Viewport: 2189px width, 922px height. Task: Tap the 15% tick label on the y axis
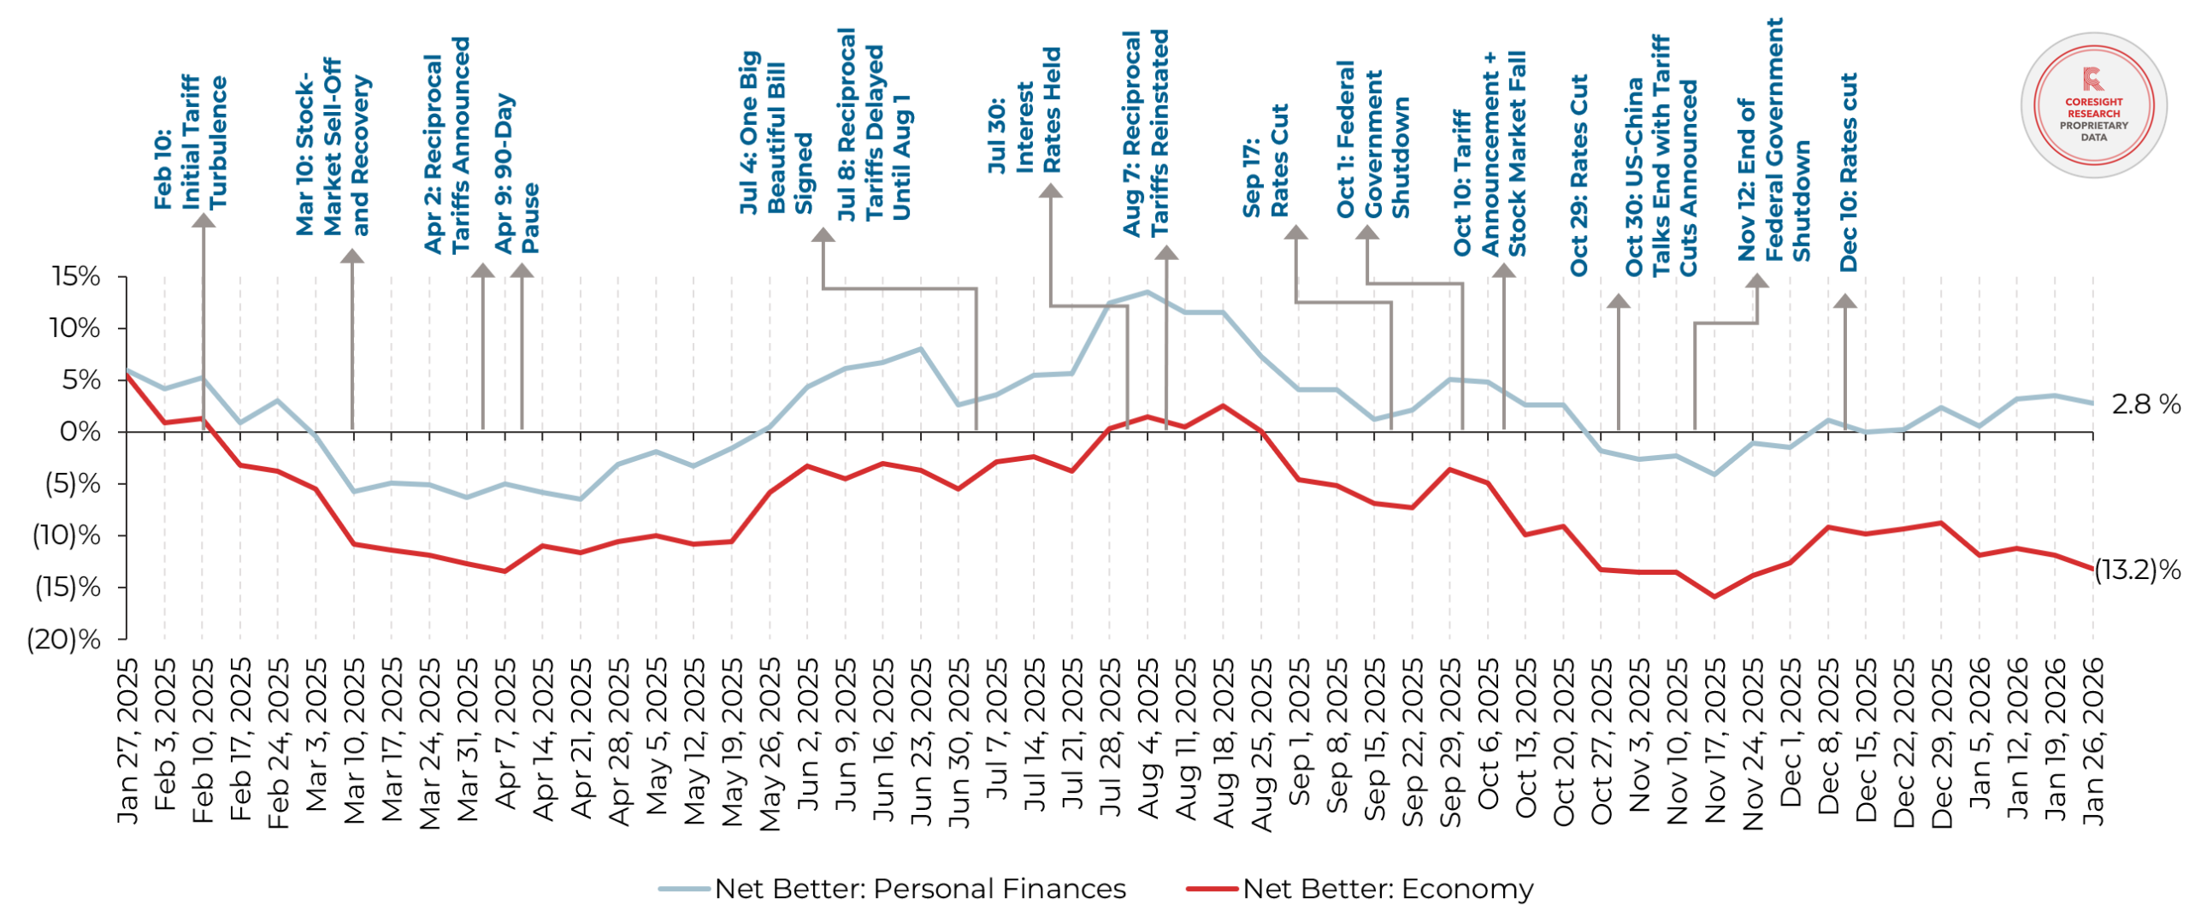click(x=76, y=276)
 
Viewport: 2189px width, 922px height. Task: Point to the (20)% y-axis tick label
click(x=64, y=639)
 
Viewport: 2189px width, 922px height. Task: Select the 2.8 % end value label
click(x=2145, y=405)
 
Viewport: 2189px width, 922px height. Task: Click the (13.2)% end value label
click(x=2137, y=570)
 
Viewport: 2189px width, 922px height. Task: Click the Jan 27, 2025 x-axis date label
click(x=127, y=741)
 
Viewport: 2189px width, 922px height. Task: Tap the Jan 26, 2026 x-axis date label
click(x=2092, y=741)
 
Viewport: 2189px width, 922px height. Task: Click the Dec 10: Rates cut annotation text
click(x=1848, y=172)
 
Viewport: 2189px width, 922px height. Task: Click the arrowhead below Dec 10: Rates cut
click(x=1844, y=301)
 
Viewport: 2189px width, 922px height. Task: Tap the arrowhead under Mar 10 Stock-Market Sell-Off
click(x=351, y=256)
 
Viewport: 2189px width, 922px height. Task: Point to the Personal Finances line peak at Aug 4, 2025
click(x=1148, y=292)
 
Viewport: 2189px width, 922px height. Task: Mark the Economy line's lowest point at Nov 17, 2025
click(x=1714, y=596)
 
